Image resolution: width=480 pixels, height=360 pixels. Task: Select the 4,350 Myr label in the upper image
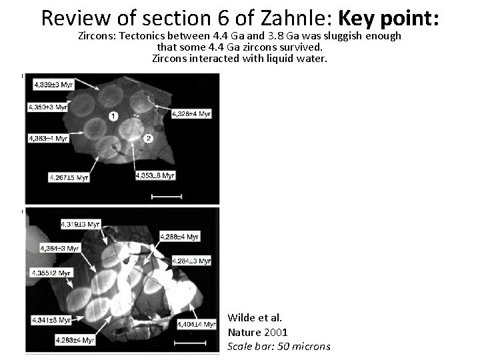(48, 107)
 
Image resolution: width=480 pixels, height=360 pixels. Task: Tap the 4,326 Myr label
(191, 114)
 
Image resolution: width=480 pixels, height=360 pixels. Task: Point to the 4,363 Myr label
(48, 138)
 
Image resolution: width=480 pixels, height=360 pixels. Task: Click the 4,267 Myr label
(69, 177)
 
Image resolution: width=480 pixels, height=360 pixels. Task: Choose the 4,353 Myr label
(155, 175)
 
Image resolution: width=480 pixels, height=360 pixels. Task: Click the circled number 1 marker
(113, 117)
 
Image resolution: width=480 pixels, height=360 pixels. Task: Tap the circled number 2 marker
(149, 138)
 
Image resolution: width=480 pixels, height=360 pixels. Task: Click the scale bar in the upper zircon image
(167, 196)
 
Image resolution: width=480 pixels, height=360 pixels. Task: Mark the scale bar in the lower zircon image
(189, 344)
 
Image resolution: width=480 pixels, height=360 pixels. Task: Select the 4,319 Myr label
(79, 224)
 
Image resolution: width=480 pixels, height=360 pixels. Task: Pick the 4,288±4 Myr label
(179, 236)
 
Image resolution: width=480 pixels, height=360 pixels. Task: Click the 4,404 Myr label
(197, 324)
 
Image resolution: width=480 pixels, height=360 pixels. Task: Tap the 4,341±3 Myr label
(51, 320)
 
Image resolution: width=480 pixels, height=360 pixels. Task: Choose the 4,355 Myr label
(51, 273)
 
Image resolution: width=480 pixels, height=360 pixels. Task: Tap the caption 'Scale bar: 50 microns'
(279, 346)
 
